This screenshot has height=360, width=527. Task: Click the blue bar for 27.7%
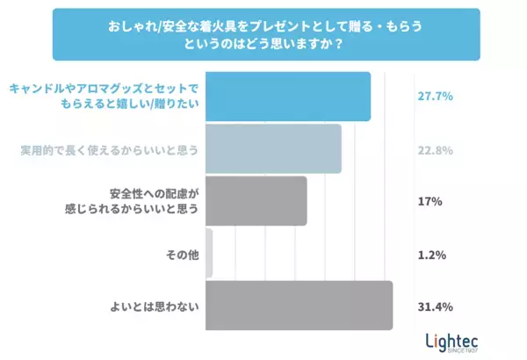[287, 97]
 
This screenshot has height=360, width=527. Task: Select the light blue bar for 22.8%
[272, 149]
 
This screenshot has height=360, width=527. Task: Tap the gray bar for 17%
[256, 201]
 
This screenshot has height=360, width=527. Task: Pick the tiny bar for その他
[208, 254]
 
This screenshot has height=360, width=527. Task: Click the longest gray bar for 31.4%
[298, 306]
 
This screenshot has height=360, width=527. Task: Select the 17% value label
[430, 202]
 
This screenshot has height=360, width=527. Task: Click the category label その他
[184, 255]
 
